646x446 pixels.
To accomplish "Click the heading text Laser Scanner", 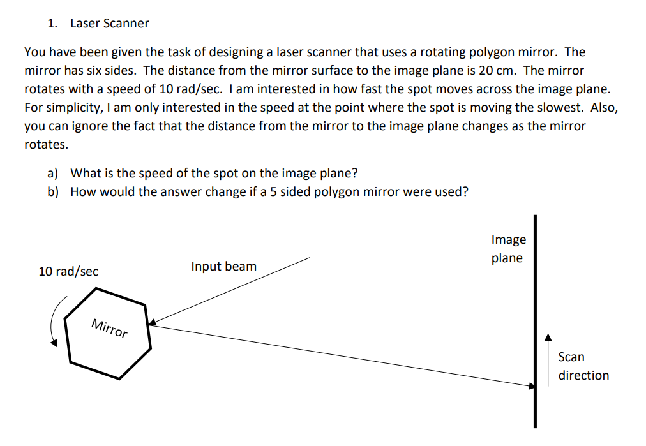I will pyautogui.click(x=109, y=24).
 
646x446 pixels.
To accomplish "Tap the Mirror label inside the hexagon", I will pyautogui.click(x=109, y=328).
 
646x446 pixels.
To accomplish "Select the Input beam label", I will pyautogui.click(x=223, y=266).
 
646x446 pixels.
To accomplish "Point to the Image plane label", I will pyautogui.click(x=508, y=249).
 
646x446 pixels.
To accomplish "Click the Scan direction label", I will pyautogui.click(x=583, y=366).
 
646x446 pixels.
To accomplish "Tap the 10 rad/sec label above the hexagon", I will pyautogui.click(x=68, y=271).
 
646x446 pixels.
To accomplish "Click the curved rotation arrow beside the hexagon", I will pyautogui.click(x=57, y=323).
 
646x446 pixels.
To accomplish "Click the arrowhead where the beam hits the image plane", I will pyautogui.click(x=530, y=385).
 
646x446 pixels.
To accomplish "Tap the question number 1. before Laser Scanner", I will pyautogui.click(x=52, y=24).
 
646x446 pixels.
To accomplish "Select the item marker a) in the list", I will pyautogui.click(x=53, y=173).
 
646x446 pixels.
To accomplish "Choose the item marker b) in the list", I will pyautogui.click(x=53, y=191).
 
